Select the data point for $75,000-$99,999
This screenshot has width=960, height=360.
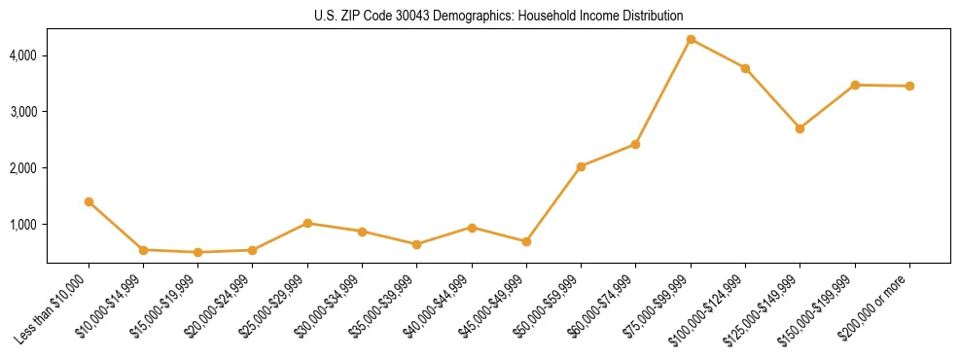tap(691, 39)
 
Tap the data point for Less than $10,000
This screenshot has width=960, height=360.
tap(89, 201)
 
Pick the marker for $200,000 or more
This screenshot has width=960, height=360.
tap(909, 86)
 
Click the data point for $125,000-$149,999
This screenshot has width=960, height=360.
tap(800, 128)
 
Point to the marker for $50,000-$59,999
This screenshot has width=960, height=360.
tap(581, 166)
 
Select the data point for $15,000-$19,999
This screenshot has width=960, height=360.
tap(198, 252)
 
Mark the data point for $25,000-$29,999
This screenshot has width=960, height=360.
tap(307, 223)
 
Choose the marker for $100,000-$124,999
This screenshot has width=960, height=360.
tap(745, 68)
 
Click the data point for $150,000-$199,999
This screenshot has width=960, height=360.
tap(855, 85)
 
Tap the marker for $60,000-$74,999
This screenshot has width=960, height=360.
tap(635, 144)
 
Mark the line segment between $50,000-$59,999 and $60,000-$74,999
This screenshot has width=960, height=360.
tap(608, 156)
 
